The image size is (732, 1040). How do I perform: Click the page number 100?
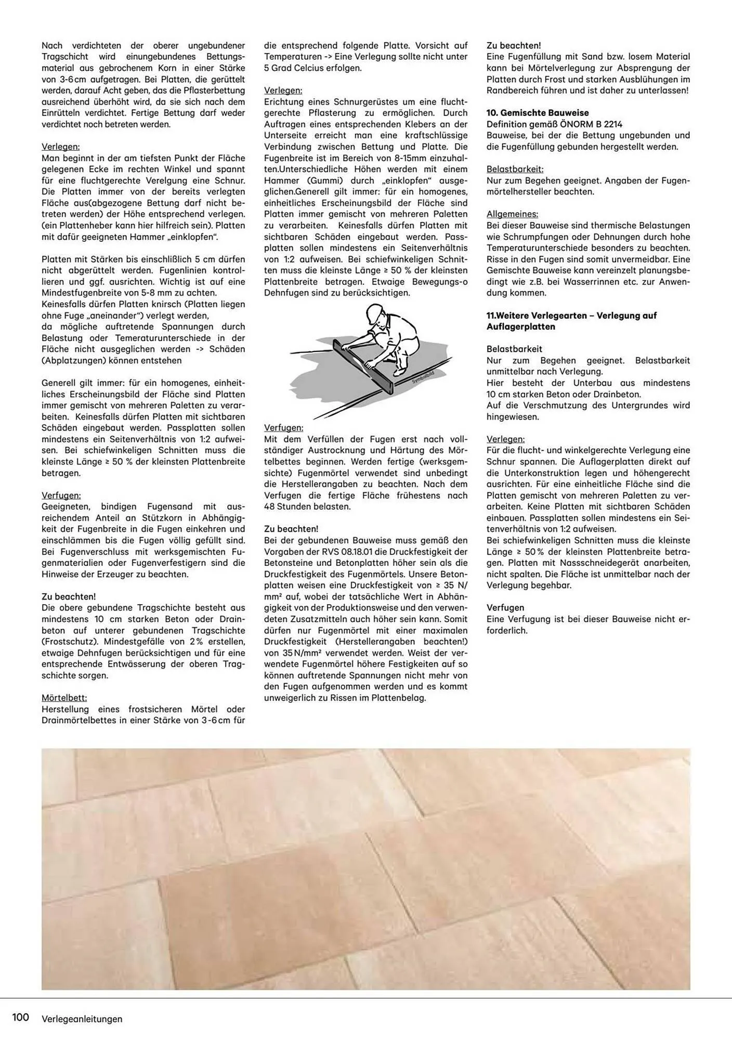tap(20, 1017)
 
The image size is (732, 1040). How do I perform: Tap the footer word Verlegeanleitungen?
tap(82, 1019)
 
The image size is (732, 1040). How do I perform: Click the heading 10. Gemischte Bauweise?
tap(538, 113)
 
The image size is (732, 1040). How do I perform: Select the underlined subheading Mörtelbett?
tap(64, 698)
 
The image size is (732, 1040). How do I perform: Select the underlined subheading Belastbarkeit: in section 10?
tap(515, 170)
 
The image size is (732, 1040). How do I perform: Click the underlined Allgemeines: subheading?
tap(512, 214)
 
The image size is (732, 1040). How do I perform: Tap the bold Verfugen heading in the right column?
tap(505, 608)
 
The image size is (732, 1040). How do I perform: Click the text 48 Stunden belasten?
tap(307, 506)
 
